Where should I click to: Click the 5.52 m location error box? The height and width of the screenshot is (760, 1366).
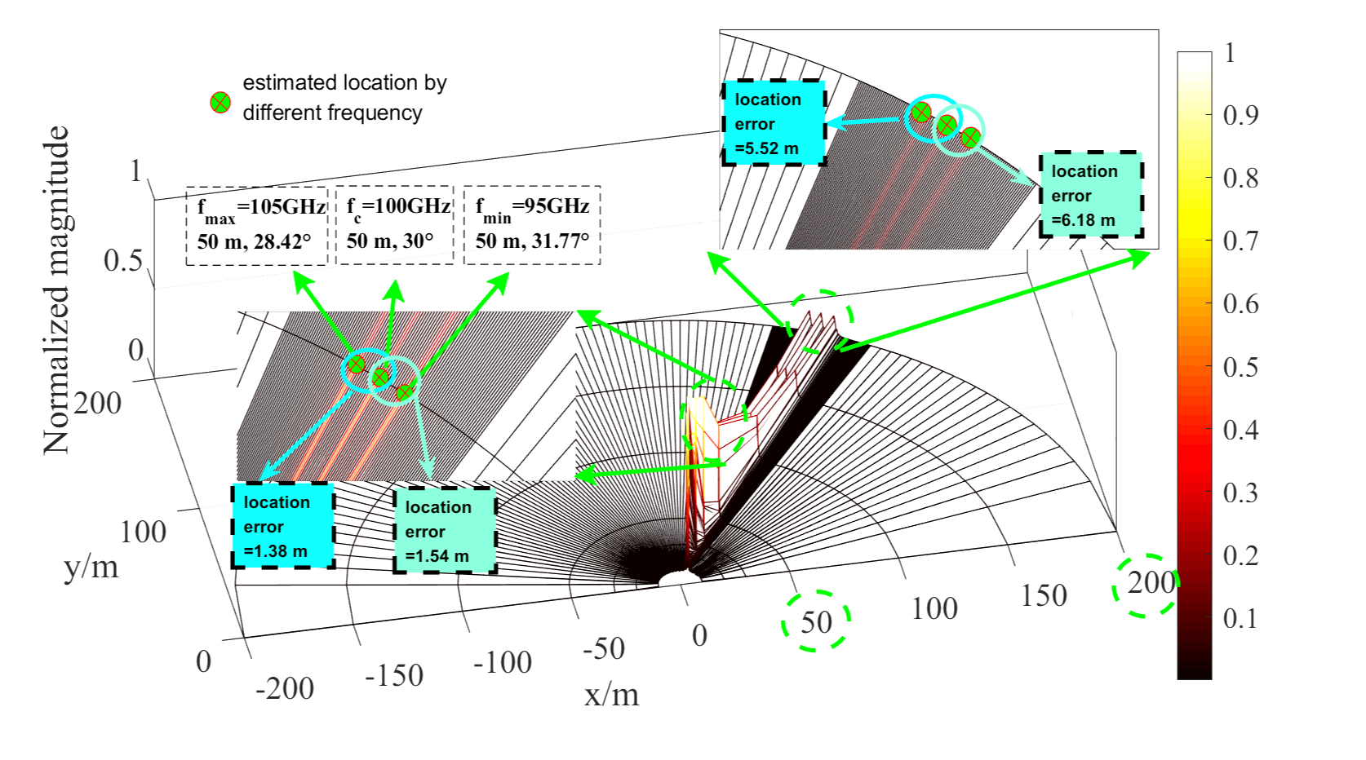774,123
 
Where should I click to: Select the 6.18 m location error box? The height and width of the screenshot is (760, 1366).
1090,195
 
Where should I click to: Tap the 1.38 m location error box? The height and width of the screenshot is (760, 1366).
283,526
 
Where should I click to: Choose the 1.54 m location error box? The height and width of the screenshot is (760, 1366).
445,531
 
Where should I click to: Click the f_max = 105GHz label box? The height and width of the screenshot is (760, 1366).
256,225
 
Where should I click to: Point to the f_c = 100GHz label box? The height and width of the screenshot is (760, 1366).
394,225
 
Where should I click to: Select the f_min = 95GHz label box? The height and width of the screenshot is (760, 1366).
532,225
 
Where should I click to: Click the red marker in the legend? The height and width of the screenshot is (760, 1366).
220,103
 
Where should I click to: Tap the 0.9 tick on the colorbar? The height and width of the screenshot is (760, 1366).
1240,116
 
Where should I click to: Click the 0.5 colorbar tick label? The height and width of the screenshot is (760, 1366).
1240,368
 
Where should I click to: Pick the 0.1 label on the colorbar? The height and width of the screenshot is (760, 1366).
1240,620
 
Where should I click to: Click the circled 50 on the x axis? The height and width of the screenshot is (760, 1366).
816,622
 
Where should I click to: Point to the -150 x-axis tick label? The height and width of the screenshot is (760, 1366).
394,675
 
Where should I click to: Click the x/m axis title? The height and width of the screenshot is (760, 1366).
611,695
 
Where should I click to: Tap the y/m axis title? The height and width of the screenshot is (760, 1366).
91,566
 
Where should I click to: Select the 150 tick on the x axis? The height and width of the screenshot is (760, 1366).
1044,596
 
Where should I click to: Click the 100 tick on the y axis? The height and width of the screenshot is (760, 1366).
143,532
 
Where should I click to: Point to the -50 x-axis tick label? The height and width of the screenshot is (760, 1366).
604,649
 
